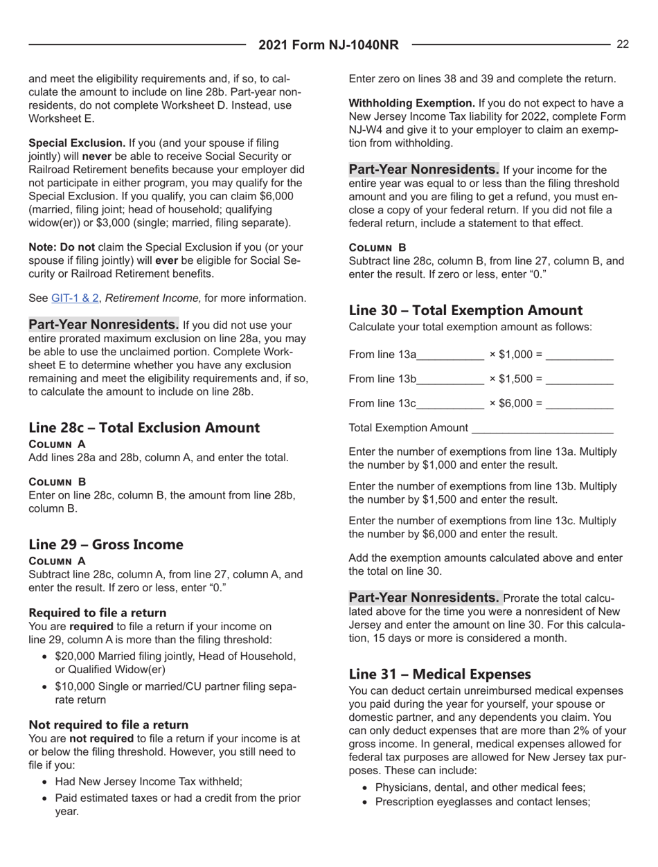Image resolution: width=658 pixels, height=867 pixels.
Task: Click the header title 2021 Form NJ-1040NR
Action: click(x=329, y=46)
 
